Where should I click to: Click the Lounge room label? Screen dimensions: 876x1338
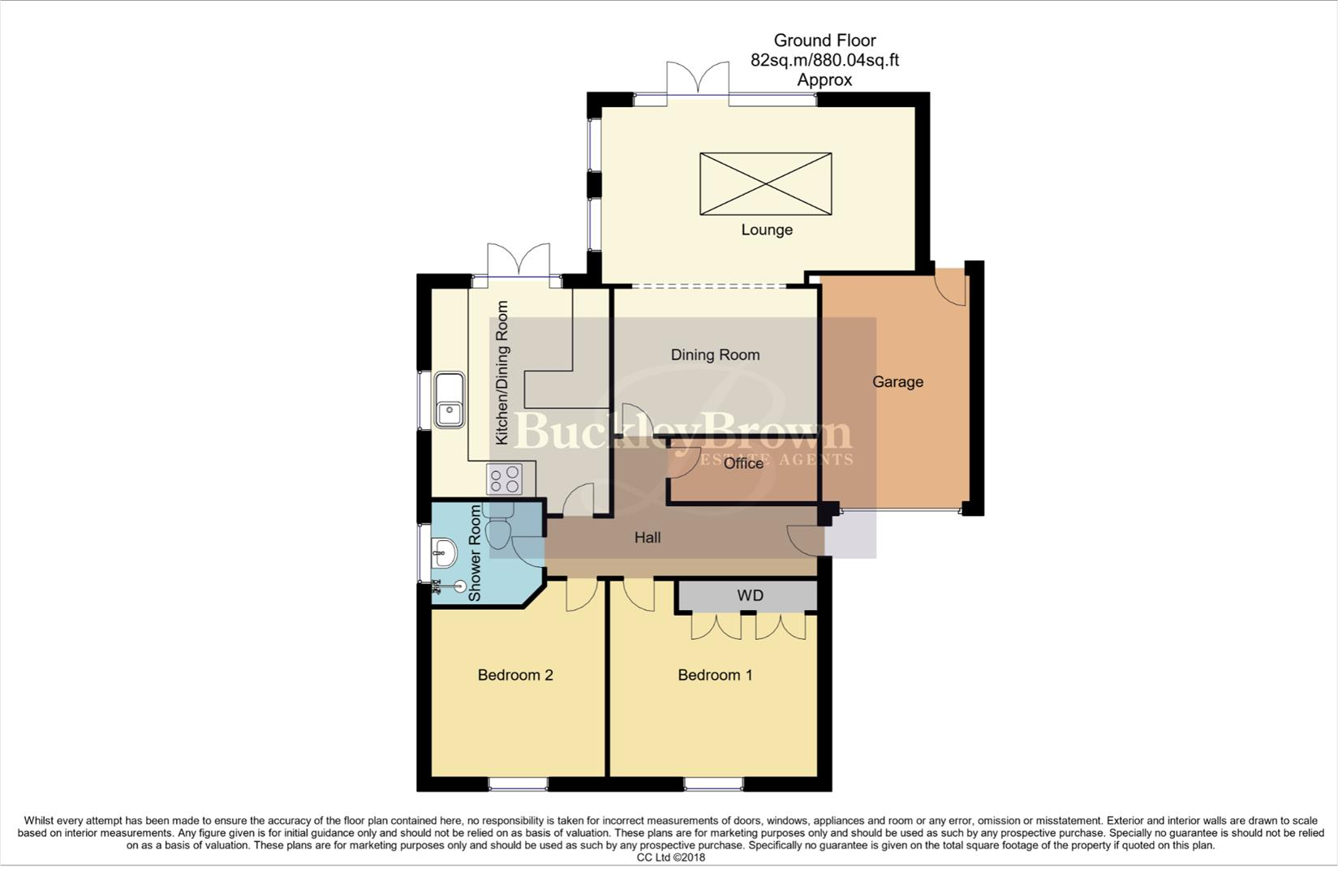coord(766,230)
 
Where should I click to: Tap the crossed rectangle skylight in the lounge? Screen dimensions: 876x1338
coord(765,184)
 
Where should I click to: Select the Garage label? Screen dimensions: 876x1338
coord(897,381)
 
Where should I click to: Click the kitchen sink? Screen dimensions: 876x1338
coord(449,400)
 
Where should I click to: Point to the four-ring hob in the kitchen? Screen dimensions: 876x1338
coord(506,479)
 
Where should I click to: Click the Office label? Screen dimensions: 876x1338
coord(743,463)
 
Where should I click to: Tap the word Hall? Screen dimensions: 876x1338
coord(647,537)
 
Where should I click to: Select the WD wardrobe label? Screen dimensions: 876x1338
coord(750,595)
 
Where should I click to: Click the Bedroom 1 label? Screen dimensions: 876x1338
coord(715,675)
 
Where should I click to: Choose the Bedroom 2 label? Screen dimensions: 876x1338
coord(515,675)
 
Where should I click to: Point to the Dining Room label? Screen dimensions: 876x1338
coord(715,354)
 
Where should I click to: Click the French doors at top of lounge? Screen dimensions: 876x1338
coord(698,80)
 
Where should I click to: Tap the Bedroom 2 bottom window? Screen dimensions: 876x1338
coord(518,784)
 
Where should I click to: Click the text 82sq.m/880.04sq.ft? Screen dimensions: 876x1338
coord(824,60)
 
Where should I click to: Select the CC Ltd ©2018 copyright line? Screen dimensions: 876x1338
coord(670,857)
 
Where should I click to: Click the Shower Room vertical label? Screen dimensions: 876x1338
coord(475,553)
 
